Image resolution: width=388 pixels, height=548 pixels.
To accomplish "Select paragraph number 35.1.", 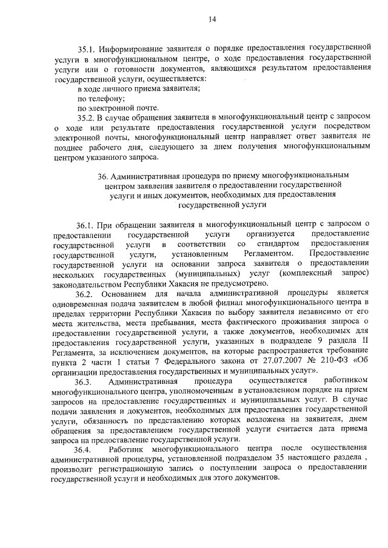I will [87, 48].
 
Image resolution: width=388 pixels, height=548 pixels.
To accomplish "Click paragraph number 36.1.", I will [87, 224].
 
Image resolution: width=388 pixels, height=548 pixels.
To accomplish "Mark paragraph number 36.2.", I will [87, 293].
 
